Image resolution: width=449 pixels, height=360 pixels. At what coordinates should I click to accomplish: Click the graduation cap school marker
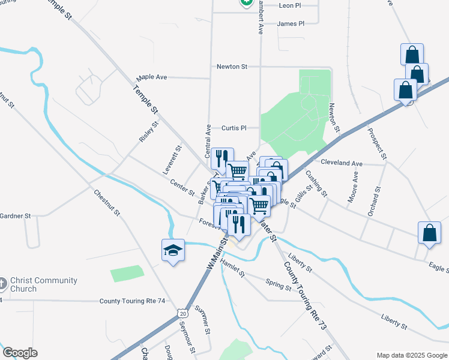(173, 251)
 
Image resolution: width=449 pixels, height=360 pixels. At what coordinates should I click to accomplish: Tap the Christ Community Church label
(43, 284)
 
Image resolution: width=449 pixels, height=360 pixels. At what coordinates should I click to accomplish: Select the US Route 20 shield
(182, 313)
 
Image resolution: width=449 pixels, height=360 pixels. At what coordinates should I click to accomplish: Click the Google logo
(20, 353)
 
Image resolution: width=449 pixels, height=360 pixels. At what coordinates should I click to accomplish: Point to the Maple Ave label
(151, 77)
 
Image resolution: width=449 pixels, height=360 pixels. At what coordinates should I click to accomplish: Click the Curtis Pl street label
(234, 128)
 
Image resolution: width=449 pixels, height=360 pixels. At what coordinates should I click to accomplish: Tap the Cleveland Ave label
(342, 163)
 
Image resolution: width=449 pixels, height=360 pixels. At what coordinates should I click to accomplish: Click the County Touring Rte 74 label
(135, 301)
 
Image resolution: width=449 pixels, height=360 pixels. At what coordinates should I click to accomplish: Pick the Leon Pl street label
(289, 5)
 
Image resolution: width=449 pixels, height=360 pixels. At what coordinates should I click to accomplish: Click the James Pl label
(291, 23)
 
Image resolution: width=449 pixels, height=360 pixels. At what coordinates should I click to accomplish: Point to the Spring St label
(278, 284)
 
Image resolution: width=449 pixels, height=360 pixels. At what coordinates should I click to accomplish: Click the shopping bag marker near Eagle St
(430, 233)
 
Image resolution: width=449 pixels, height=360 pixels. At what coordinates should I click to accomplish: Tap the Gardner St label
(15, 215)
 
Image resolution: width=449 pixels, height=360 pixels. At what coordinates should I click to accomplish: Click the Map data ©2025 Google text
(411, 355)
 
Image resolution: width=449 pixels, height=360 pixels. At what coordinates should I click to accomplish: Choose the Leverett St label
(172, 160)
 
